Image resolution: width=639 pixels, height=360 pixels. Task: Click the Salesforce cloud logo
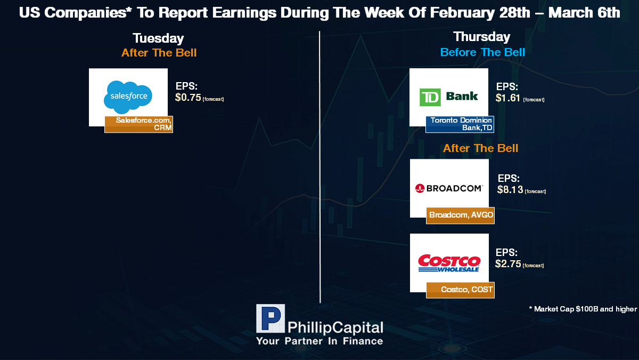click(x=128, y=97)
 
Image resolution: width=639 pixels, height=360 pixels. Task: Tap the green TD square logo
click(x=430, y=97)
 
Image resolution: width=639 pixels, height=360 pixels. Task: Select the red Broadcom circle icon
click(x=420, y=188)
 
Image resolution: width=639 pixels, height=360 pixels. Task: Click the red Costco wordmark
click(x=449, y=261)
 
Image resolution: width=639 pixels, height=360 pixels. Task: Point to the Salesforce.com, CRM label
click(x=138, y=124)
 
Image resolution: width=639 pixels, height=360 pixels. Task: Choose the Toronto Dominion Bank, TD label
click(x=460, y=124)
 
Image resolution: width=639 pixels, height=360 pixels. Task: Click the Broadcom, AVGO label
click(x=461, y=215)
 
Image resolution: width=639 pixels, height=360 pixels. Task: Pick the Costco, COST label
click(x=461, y=290)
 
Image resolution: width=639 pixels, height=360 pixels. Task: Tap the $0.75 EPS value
click(x=188, y=98)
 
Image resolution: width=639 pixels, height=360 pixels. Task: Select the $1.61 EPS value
click(x=508, y=98)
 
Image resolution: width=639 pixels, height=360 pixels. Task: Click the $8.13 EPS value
click(x=510, y=189)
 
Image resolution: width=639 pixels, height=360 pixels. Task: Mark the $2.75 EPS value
click(x=508, y=263)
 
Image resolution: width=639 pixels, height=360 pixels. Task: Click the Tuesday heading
click(x=158, y=38)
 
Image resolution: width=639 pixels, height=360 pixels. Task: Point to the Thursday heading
click(x=482, y=37)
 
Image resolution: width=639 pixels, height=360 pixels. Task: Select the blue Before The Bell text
click(x=482, y=52)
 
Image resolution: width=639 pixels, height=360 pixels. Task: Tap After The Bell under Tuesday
click(x=159, y=53)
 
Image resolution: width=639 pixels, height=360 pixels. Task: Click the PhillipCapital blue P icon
click(x=271, y=318)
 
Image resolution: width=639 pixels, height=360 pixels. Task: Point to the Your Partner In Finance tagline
click(x=319, y=341)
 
